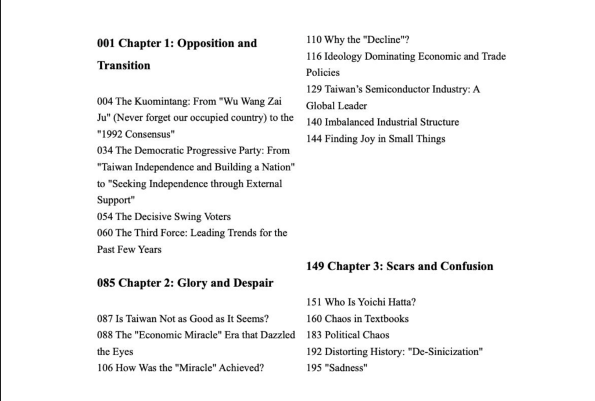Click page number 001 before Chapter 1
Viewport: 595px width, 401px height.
tap(106, 44)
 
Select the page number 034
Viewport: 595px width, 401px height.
tap(105, 151)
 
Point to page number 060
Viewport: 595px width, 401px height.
tap(105, 233)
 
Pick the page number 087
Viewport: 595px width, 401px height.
tap(105, 318)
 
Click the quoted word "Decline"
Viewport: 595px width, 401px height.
tap(383, 40)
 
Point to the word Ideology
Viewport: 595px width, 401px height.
tap(344, 56)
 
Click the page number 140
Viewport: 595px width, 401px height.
tap(314, 122)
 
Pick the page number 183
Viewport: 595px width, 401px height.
tap(314, 335)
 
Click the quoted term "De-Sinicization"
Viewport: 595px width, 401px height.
tap(446, 352)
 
